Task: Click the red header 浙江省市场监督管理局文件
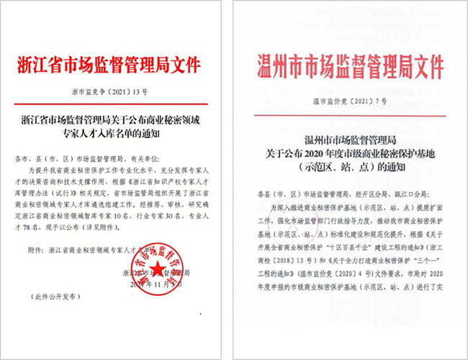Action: coord(116,65)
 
